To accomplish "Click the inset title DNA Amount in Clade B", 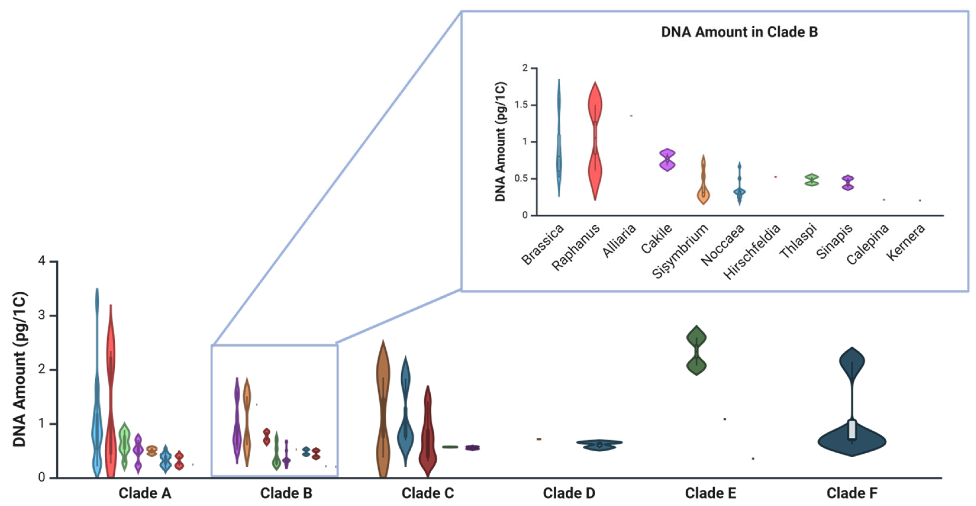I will point(739,32).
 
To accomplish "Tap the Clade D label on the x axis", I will point(569,493).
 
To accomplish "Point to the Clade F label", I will point(852,493).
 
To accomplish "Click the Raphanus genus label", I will point(575,247).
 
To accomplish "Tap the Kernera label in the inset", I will point(906,242).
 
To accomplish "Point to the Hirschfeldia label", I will point(752,251).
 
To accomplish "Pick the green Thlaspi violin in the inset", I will point(812,180).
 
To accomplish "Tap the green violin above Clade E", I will point(696,350).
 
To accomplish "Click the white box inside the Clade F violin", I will point(852,430).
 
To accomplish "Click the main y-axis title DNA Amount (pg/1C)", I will point(20,369).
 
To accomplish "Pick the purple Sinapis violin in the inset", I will point(848,183).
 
